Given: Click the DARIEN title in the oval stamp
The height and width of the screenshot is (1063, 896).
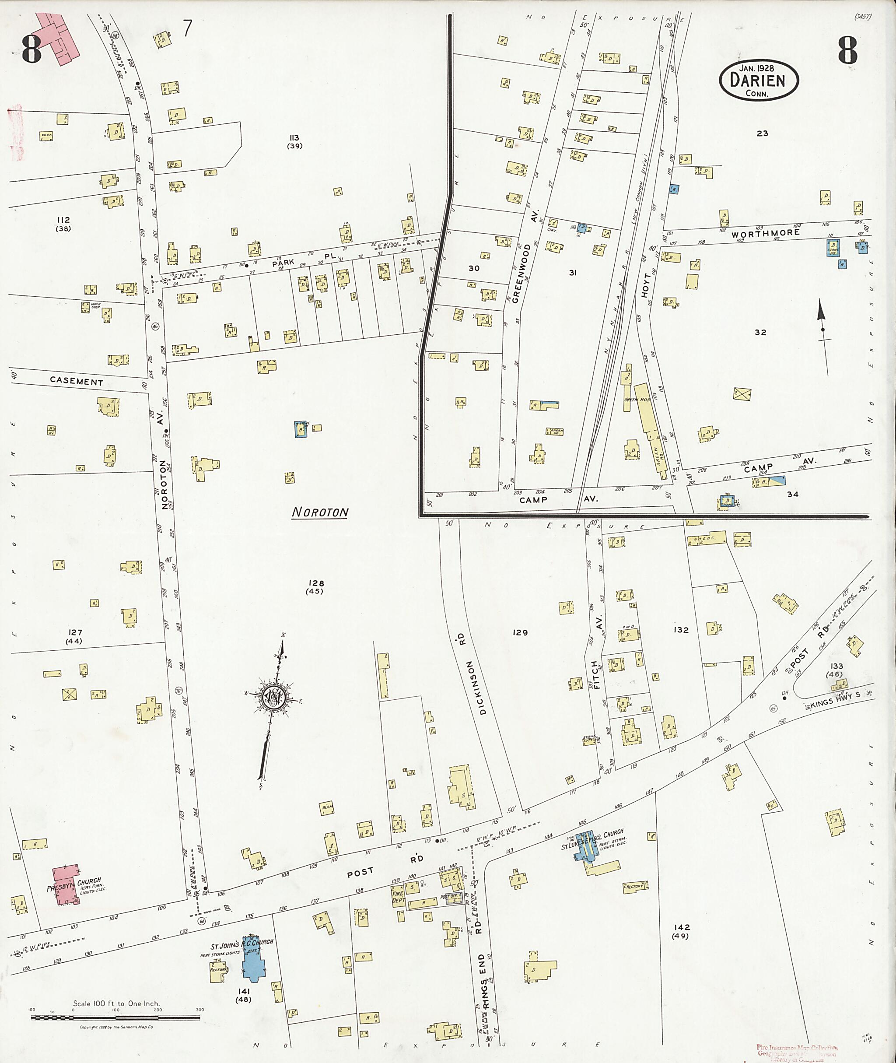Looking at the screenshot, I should pos(757,80).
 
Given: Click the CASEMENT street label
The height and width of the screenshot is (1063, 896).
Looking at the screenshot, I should pos(77,382).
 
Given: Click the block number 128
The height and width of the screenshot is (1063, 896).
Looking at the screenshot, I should pos(315,583).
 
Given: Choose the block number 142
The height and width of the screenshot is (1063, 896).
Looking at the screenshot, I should pos(680,927).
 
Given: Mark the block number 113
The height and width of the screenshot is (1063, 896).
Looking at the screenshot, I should pos(294,138).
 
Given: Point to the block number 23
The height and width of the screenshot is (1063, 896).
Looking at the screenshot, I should pos(762,133).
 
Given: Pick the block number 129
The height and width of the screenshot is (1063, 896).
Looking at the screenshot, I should pos(520,633).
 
